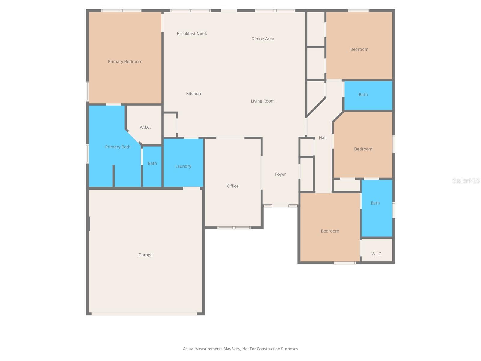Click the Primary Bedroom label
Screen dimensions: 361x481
125,62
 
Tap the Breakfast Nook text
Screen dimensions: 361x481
192,34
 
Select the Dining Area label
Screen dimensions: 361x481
263,39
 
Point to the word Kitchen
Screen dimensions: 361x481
193,94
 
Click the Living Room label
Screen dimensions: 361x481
263,101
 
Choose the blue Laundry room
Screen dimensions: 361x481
183,166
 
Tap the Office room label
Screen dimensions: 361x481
233,186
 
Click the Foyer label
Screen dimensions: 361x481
280,174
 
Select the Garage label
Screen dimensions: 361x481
146,255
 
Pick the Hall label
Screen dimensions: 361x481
323,138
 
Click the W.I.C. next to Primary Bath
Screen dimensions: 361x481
145,127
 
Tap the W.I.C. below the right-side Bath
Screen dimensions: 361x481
377,254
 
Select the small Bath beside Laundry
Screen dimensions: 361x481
152,163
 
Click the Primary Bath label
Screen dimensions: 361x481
118,147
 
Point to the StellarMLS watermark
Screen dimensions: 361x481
466,180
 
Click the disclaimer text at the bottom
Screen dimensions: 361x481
240,349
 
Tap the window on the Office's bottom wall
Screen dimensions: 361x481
234,228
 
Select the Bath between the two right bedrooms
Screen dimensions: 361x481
363,95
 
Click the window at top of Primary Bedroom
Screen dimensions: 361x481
121,11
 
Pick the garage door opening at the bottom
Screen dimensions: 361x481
144,314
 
